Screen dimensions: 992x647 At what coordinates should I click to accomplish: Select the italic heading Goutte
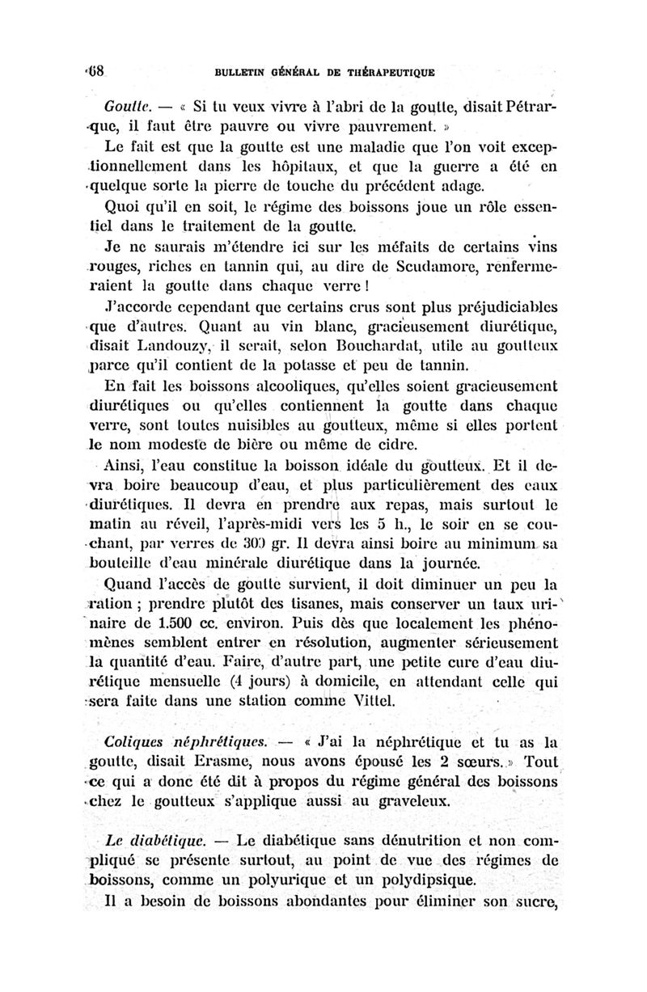125,107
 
